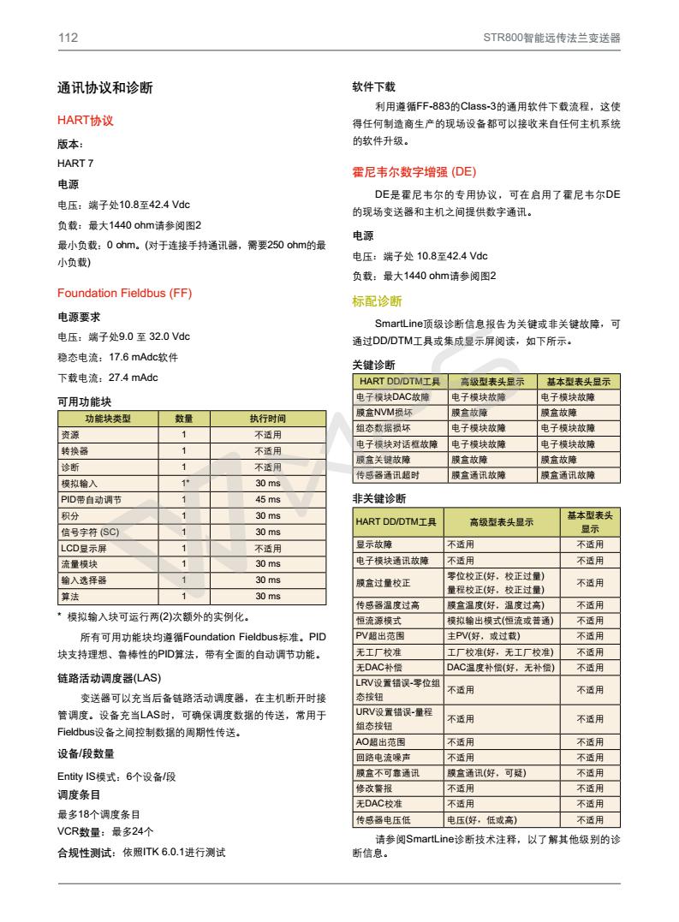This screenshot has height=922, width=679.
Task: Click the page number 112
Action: (68, 38)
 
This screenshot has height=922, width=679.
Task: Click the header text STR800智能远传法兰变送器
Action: (551, 38)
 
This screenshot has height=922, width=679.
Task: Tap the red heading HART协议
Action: (85, 121)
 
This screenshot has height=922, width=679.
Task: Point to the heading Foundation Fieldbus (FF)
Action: (124, 294)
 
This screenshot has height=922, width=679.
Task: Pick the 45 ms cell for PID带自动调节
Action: (267, 499)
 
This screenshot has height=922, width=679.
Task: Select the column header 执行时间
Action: (267, 419)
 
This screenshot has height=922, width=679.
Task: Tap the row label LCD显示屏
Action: (82, 548)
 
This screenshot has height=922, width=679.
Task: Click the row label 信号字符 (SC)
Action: (89, 532)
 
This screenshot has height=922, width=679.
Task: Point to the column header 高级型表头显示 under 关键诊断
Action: (491, 381)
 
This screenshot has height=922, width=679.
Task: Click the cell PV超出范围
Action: (378, 636)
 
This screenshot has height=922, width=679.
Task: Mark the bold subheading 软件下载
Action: (373, 87)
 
